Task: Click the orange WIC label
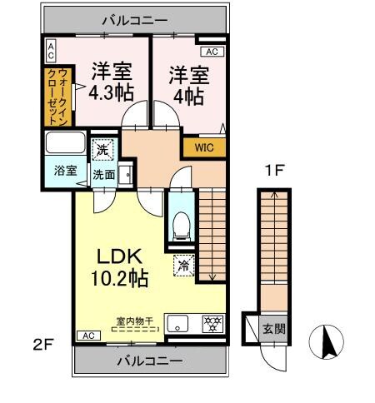coord(203,148)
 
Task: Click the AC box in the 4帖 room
coord(212,52)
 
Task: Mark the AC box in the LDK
coord(86,335)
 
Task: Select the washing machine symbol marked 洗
coord(101,152)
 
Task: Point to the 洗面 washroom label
coord(103,176)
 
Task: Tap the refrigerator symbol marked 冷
coord(182,267)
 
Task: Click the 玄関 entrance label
coord(272,327)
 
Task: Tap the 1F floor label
coord(276,172)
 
